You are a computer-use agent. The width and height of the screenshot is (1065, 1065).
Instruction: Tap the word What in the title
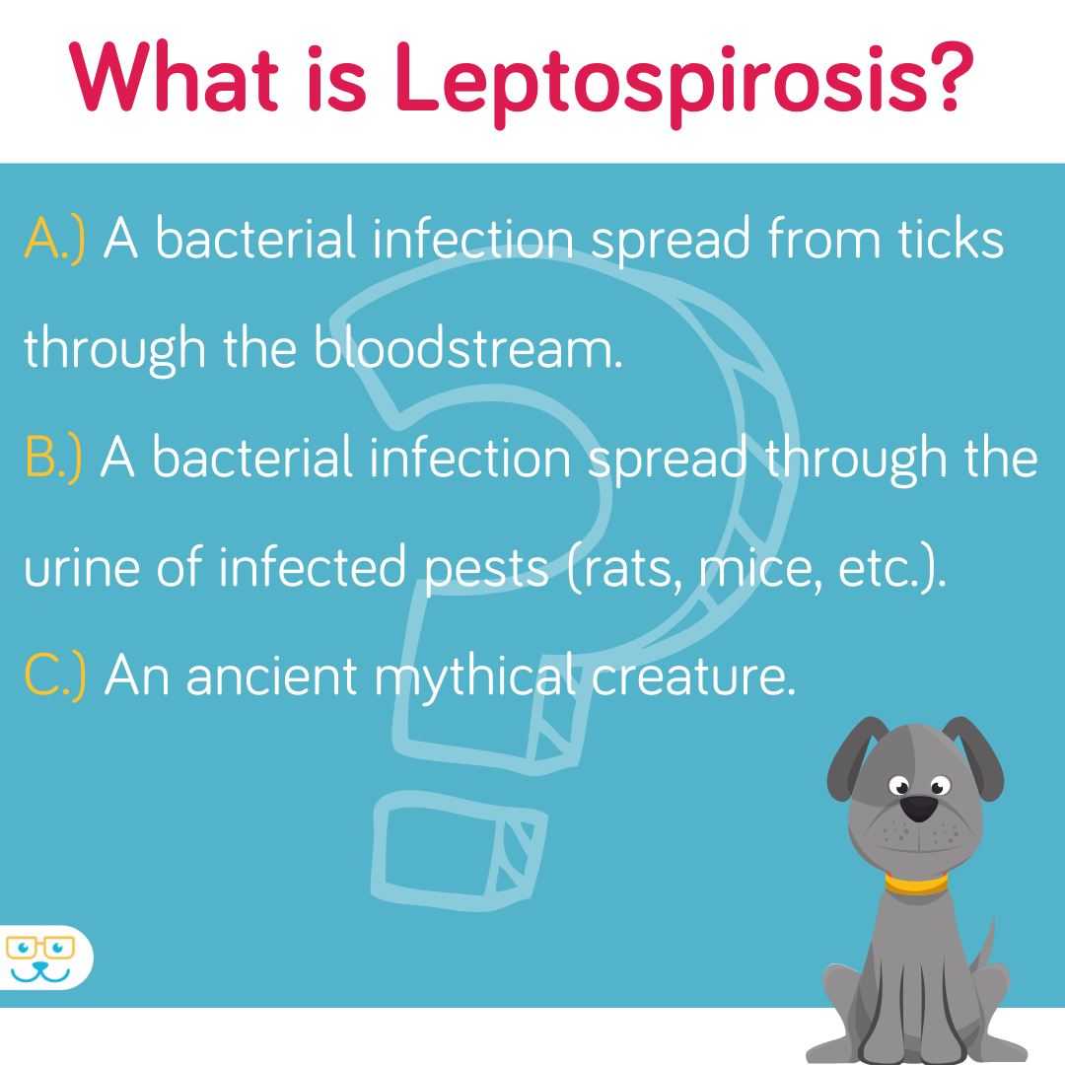click(x=174, y=77)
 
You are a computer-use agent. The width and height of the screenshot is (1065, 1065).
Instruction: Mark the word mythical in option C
click(x=475, y=676)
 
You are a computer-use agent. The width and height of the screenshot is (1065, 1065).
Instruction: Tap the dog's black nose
click(x=919, y=809)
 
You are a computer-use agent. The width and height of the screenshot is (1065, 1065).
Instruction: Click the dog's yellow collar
click(x=915, y=884)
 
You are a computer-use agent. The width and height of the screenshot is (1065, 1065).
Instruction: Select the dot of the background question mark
click(x=460, y=850)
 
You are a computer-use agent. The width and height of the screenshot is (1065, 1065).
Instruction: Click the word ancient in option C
click(x=272, y=675)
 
